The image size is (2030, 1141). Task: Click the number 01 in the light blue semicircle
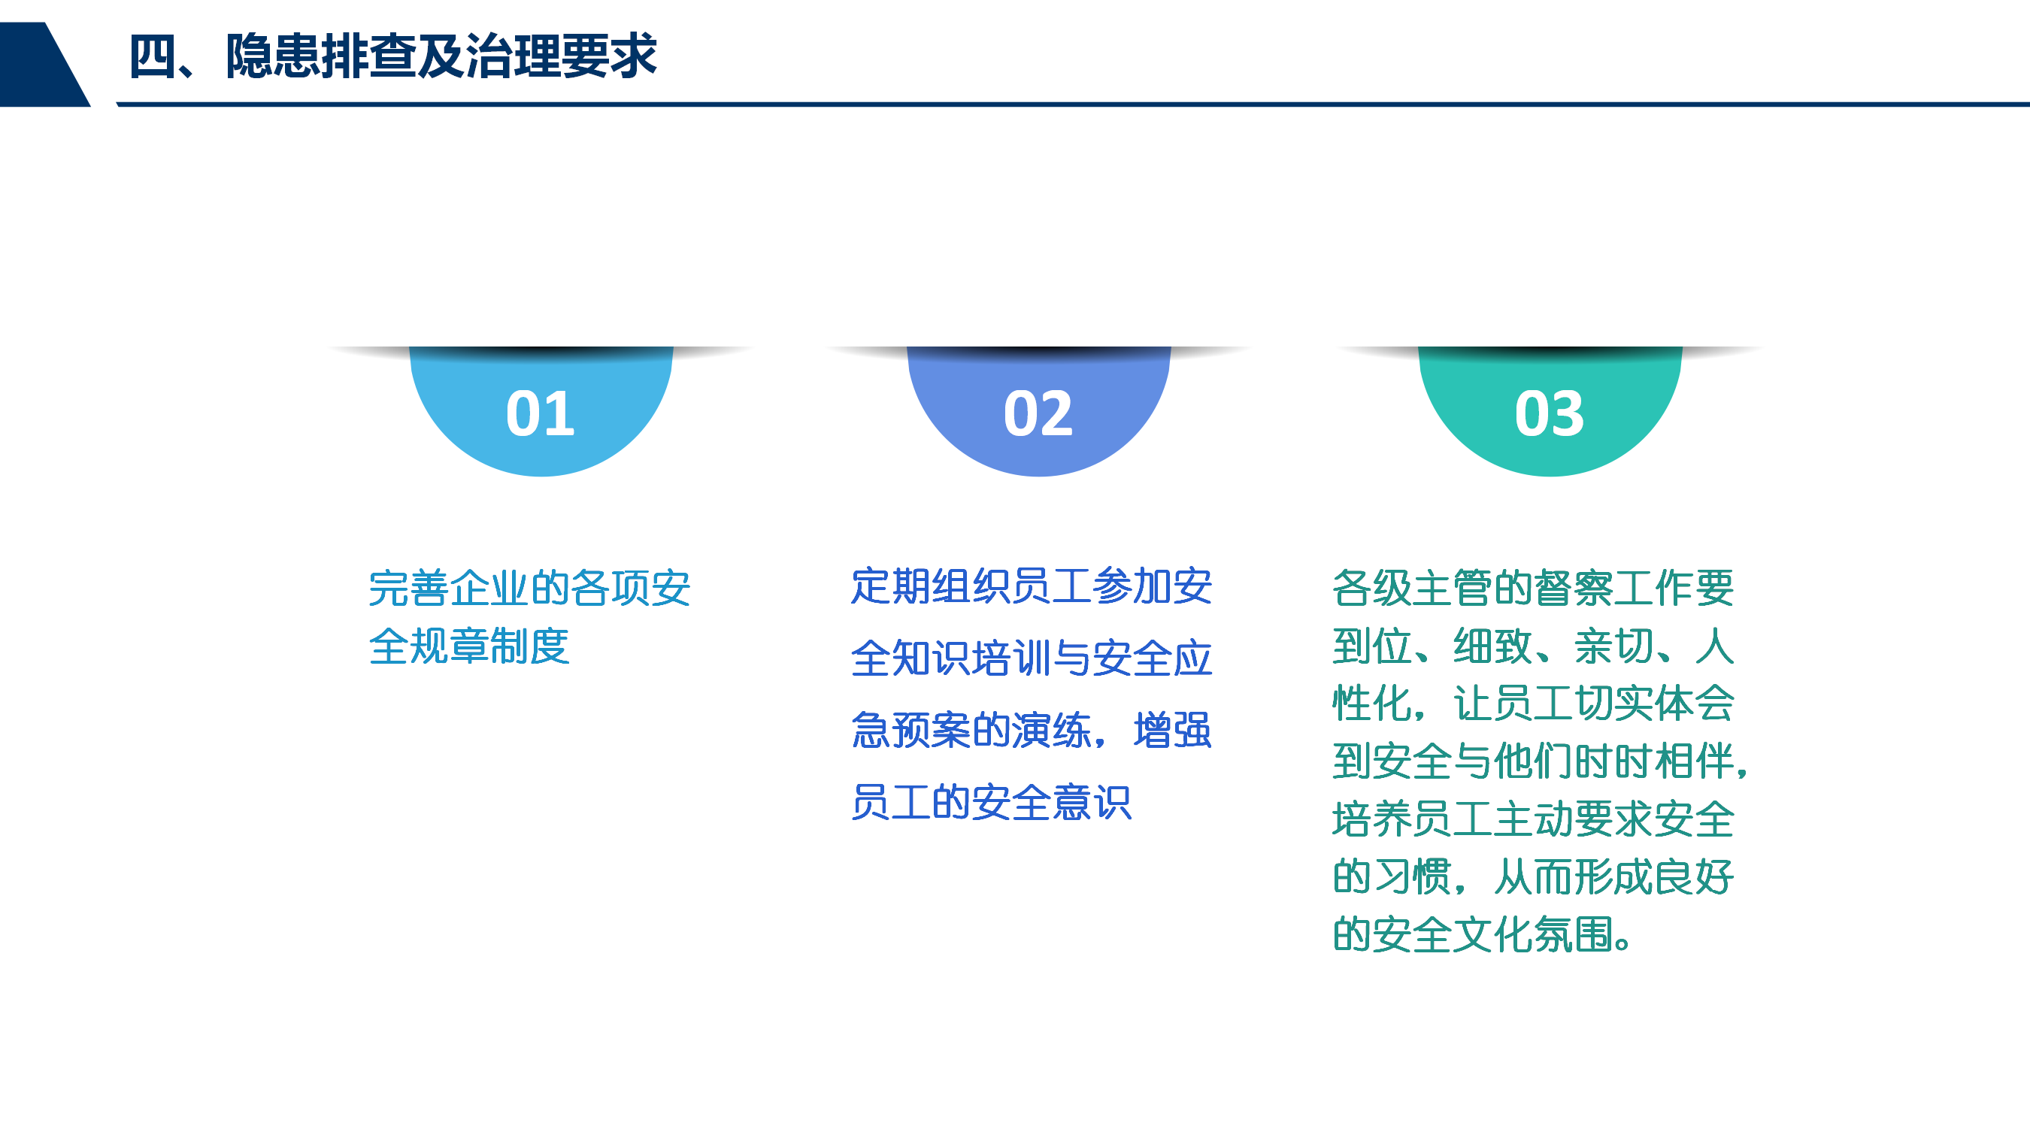(x=541, y=413)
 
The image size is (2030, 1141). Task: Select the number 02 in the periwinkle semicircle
(x=1038, y=413)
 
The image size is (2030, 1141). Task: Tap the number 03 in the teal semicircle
(x=1550, y=413)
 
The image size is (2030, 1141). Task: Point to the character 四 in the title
(x=153, y=56)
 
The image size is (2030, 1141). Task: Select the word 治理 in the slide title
(x=513, y=56)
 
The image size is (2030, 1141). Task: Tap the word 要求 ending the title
(x=609, y=56)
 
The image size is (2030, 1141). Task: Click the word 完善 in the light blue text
(x=409, y=589)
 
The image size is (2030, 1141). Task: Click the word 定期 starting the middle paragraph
(x=891, y=586)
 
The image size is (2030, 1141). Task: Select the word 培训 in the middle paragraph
(x=1012, y=658)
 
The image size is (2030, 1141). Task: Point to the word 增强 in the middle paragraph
(x=1173, y=731)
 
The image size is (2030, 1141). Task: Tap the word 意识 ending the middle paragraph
(x=1092, y=803)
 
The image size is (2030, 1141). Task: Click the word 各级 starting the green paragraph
(x=1372, y=589)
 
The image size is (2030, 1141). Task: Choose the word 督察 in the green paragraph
(x=1573, y=589)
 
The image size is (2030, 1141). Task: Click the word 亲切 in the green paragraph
(x=1613, y=647)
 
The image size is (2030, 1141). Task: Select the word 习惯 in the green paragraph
(x=1412, y=877)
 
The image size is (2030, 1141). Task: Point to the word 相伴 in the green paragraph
(x=1693, y=761)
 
